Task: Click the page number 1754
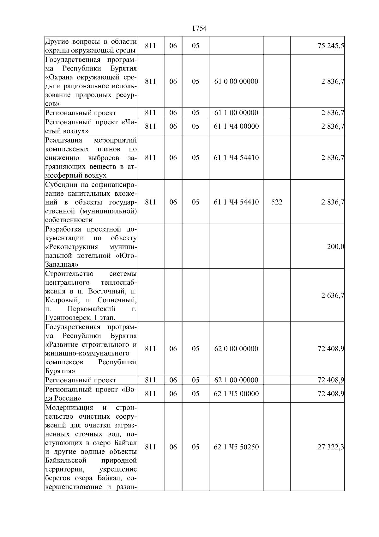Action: coord(199,28)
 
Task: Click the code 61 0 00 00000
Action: coord(236,82)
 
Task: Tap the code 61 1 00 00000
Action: coord(236,113)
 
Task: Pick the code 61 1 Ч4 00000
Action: coord(236,127)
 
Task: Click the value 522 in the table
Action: coord(277,202)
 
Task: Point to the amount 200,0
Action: coord(335,247)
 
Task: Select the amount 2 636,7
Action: coord(333,296)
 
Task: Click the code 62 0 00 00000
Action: coord(236,349)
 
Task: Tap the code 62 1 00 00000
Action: coord(236,380)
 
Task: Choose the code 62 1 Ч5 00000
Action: coord(236,394)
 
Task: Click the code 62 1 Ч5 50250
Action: coord(236,447)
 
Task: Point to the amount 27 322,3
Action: coord(331,447)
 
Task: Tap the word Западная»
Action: coord(62,264)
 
